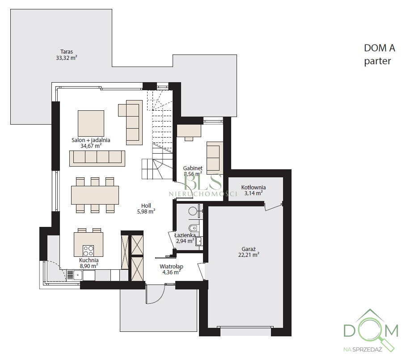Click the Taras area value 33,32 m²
(67, 58)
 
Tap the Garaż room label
(249, 249)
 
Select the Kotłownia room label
(254, 187)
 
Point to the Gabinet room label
(193, 168)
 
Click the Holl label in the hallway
(146, 205)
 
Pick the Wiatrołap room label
(171, 266)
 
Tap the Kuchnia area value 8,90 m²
(89, 266)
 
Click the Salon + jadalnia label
(91, 140)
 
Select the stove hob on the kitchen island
(88, 250)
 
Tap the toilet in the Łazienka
(193, 228)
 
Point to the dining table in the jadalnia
(95, 195)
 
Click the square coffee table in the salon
(91, 123)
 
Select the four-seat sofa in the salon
(97, 158)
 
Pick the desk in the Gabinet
(189, 131)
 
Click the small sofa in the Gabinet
(214, 158)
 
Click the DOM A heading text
(380, 48)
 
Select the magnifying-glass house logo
(371, 330)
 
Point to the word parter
(377, 61)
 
